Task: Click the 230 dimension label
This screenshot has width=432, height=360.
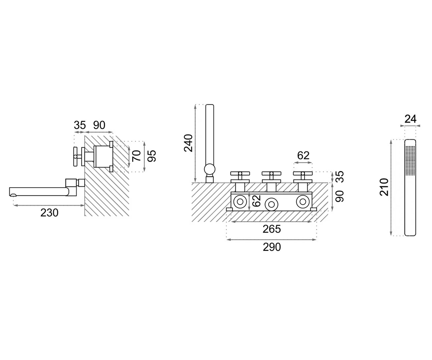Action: pos(49,213)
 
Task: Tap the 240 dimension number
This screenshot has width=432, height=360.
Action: pos(188,143)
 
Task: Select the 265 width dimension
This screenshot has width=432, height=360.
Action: pos(272,229)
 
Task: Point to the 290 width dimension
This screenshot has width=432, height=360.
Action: pos(272,247)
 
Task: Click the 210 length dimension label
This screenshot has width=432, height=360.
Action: pos(384,187)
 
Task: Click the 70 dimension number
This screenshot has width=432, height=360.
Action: pos(136,156)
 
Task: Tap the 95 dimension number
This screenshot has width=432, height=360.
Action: pos(152,156)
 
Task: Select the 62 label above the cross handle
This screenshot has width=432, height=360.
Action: pos(303,156)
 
